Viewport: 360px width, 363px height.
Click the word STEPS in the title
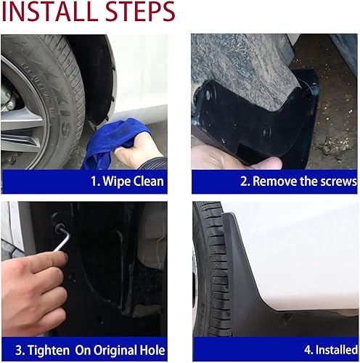(x=135, y=13)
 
